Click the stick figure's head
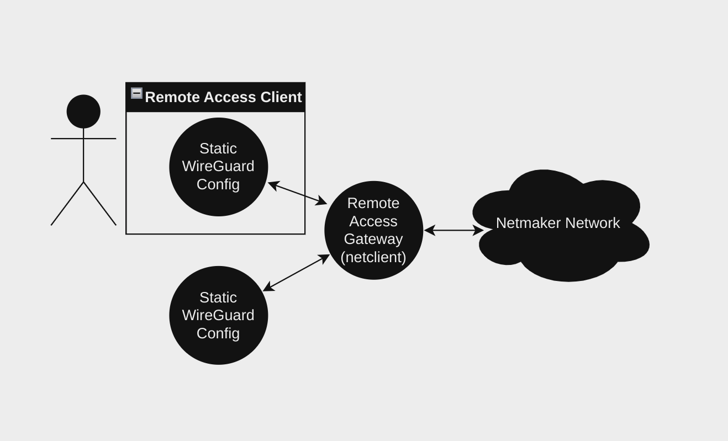coord(83,111)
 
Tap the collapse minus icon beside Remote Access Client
coord(136,93)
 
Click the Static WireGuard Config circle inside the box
coord(218,167)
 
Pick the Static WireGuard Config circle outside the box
coord(218,315)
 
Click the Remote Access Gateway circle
coord(373,230)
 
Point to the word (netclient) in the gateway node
coord(373,257)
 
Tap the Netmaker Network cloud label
coord(558,223)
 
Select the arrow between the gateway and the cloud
coord(453,230)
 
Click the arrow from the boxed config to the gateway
coord(297,193)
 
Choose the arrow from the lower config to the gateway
coord(296,273)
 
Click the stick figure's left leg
coord(67,203)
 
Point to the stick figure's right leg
coord(99,203)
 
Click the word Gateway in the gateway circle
coord(373,239)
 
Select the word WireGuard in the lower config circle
coord(218,315)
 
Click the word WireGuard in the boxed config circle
coord(218,166)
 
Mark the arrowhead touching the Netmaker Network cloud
coord(478,230)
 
